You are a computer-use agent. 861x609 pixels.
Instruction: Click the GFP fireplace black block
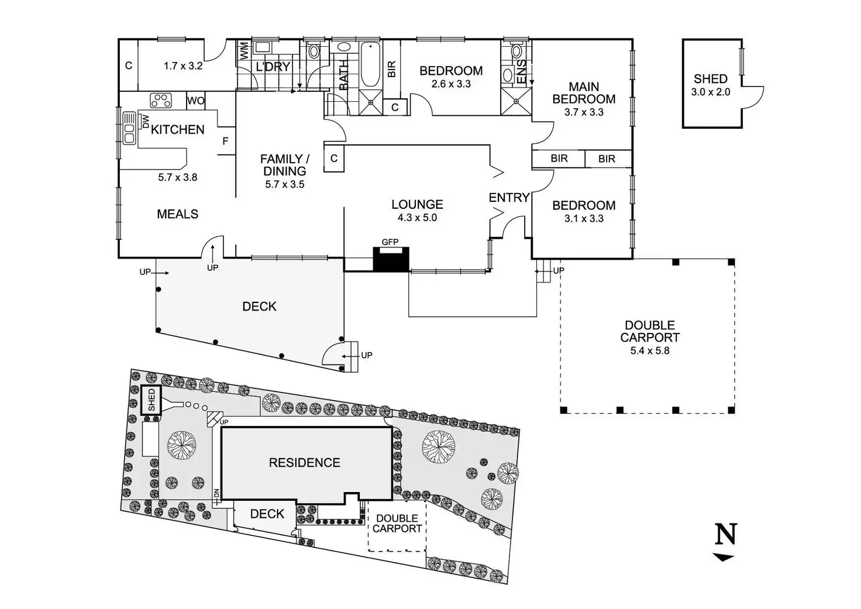[391, 259]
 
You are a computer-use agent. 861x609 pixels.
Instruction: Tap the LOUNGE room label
[417, 204]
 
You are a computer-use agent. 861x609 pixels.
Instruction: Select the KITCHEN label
[177, 130]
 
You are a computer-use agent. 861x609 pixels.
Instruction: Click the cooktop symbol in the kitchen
[160, 101]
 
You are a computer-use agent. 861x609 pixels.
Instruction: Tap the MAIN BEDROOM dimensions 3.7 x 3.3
[584, 112]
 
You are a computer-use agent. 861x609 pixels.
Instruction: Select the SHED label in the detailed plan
[711, 79]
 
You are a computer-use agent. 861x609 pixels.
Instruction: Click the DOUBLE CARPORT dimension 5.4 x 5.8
[649, 351]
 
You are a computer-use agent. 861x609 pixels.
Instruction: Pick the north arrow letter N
[726, 534]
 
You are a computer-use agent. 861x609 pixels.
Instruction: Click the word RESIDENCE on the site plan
[304, 463]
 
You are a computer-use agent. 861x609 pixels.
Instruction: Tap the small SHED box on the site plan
[151, 401]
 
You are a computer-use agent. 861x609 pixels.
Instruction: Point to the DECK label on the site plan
[267, 514]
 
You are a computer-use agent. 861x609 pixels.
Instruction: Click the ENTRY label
[509, 198]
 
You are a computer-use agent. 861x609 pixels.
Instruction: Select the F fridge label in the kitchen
[225, 142]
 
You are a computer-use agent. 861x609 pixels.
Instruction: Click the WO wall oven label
[196, 101]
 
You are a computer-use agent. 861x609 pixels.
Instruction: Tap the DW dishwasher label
[146, 121]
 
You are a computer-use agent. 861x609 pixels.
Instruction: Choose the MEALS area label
[177, 214]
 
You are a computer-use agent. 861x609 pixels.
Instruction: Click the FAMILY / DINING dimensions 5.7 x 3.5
[284, 184]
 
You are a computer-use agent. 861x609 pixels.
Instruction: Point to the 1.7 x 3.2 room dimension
[183, 66]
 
